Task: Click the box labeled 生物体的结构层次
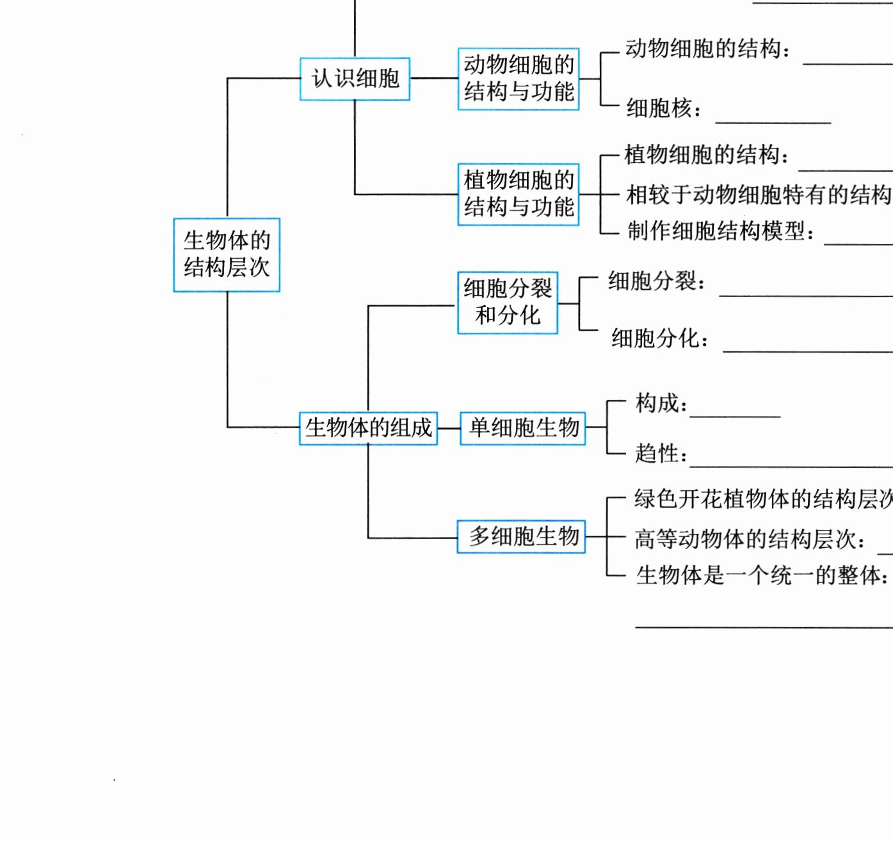coord(227,255)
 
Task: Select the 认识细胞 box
coord(355,79)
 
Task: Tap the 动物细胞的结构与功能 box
coord(519,79)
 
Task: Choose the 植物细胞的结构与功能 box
coord(519,194)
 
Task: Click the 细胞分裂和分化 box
coord(508,303)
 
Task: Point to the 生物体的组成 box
coord(368,428)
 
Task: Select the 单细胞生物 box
coord(523,428)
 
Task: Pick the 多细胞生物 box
coord(522,536)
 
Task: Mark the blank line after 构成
coord(735,417)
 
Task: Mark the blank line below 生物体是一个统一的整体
coord(763,627)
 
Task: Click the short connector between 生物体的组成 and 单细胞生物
coord(449,428)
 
